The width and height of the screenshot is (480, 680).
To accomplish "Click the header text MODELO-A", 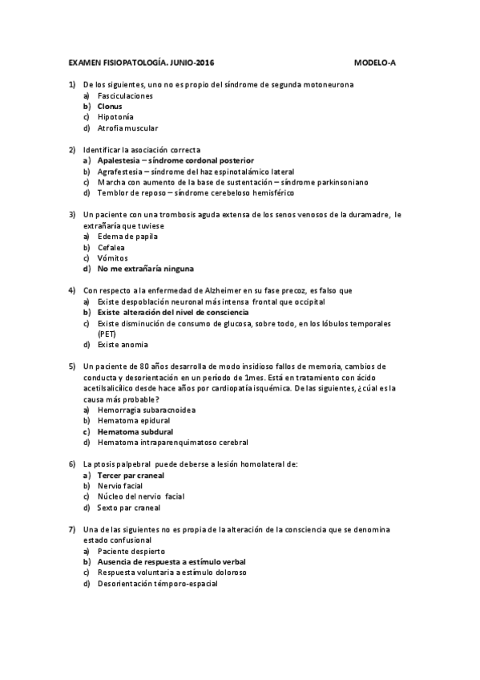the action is (x=376, y=62).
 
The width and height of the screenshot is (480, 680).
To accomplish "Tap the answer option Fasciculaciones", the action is (x=125, y=95).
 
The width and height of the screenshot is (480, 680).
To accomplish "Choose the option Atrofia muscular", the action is (x=127, y=127).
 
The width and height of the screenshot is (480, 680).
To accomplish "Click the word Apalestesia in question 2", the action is (x=118, y=160).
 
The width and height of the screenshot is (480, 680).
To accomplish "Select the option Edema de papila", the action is (x=127, y=237).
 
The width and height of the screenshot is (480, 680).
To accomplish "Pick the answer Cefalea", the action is (x=111, y=248).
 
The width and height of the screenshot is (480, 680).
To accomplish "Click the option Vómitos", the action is (x=112, y=258).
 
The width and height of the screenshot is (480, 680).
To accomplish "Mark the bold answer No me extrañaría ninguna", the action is (x=145, y=269).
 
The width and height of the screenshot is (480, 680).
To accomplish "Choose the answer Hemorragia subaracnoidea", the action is (x=147, y=410).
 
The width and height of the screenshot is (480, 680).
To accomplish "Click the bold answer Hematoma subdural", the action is (x=135, y=431).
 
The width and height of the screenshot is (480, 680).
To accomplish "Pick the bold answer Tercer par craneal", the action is (x=131, y=475).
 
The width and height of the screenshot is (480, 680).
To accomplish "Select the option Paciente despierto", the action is (x=131, y=552).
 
